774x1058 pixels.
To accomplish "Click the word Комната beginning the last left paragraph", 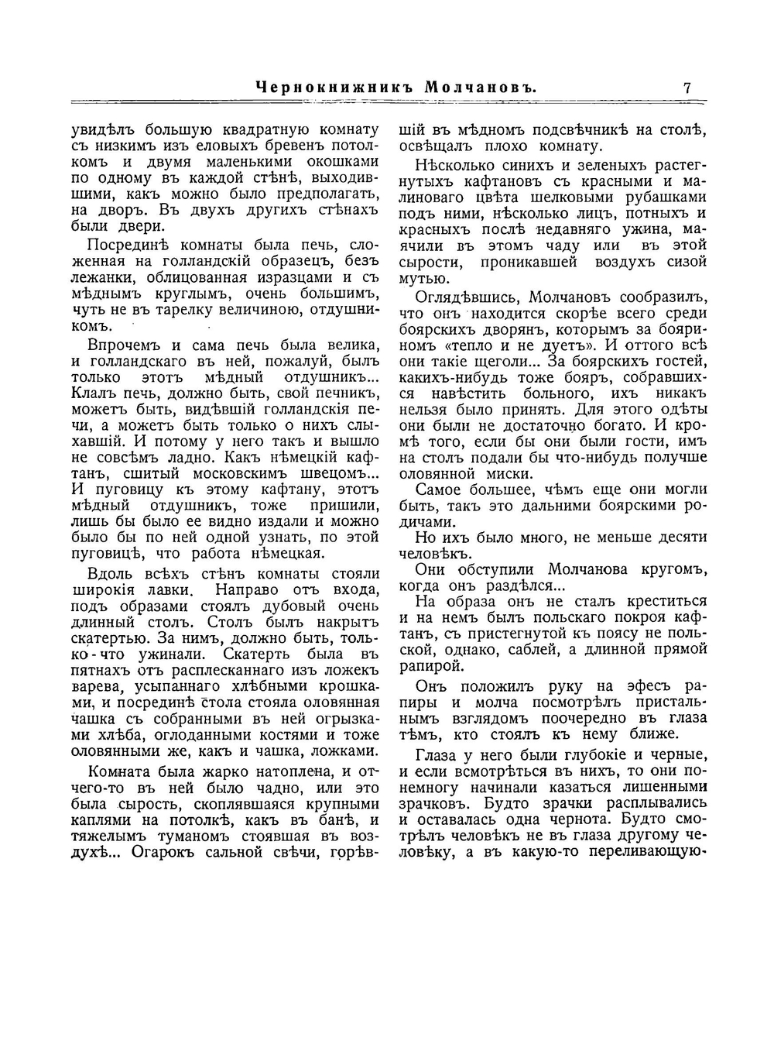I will [x=118, y=771].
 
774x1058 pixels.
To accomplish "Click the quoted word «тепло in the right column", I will [x=474, y=346].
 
